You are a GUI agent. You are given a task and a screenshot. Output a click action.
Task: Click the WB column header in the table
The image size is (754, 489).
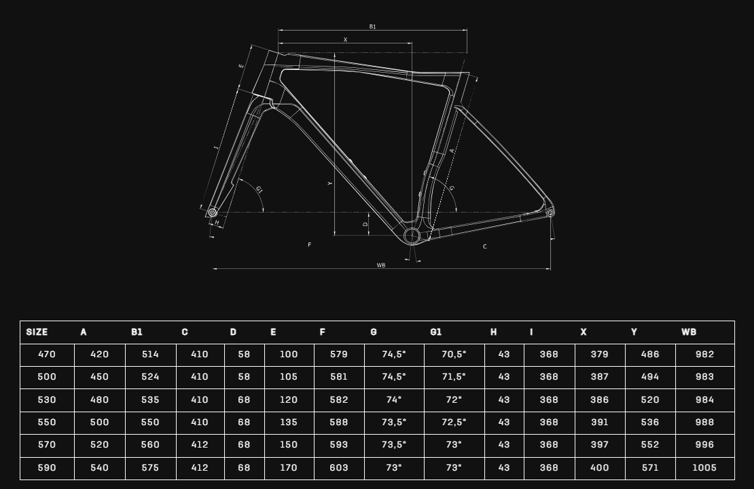pos(689,332)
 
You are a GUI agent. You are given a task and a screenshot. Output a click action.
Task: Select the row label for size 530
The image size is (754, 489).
pos(47,399)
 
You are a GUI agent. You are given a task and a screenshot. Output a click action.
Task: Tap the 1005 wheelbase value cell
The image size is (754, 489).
pos(704,467)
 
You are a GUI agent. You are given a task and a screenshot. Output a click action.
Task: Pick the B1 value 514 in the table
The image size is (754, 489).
pos(150,355)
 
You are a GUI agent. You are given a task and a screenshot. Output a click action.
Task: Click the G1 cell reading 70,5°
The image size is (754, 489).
pos(454,355)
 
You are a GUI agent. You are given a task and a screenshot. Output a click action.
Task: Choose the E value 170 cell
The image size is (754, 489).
pos(289,467)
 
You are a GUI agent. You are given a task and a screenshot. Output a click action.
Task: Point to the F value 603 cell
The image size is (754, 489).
pos(338,467)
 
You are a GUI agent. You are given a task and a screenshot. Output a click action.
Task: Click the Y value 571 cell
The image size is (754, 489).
pos(649,467)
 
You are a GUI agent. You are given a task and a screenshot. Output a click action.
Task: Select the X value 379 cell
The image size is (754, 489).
pos(600,355)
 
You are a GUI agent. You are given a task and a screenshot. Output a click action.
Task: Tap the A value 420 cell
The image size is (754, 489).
pos(100,355)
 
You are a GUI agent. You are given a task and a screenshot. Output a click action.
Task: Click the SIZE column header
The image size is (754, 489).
pos(37,332)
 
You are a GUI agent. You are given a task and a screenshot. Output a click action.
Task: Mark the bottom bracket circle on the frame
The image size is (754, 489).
pos(412,236)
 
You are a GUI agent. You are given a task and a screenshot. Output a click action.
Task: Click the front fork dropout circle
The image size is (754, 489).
pos(212,212)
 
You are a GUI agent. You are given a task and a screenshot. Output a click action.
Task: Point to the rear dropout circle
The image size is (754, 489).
pos(550,213)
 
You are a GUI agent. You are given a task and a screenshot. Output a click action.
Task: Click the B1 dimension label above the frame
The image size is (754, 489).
pos(372,27)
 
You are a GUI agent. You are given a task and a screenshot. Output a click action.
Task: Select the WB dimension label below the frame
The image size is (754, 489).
pos(381,266)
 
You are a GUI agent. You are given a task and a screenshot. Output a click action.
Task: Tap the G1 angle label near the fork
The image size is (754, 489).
pos(259,190)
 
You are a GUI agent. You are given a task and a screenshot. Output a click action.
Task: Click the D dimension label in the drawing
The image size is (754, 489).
pos(365,225)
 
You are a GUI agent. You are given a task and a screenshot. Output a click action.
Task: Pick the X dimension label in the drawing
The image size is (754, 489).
pos(345,40)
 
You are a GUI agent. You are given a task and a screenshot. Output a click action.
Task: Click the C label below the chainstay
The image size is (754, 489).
pos(485,247)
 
